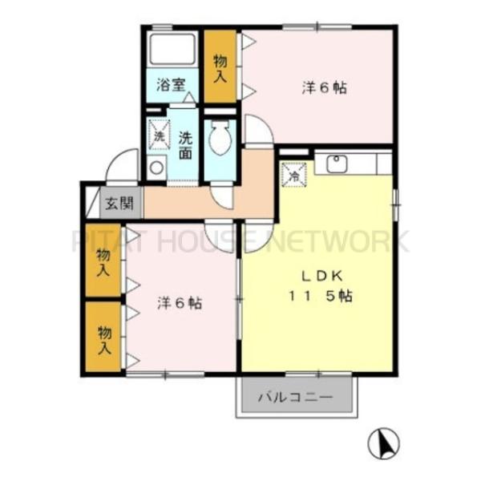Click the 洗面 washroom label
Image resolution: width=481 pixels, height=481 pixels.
(185, 144)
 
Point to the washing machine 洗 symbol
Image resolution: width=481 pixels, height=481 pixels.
(159, 135)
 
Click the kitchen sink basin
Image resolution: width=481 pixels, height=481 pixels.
(335, 164)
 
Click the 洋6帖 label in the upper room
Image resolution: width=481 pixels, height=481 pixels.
(324, 89)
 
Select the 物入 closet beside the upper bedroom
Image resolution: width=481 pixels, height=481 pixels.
(220, 67)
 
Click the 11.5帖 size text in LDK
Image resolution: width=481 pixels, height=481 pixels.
(321, 296)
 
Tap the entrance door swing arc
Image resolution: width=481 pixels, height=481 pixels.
(122, 168)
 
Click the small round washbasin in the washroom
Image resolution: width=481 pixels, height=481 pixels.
(157, 168)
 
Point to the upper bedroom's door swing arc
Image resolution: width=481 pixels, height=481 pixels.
(258, 131)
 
